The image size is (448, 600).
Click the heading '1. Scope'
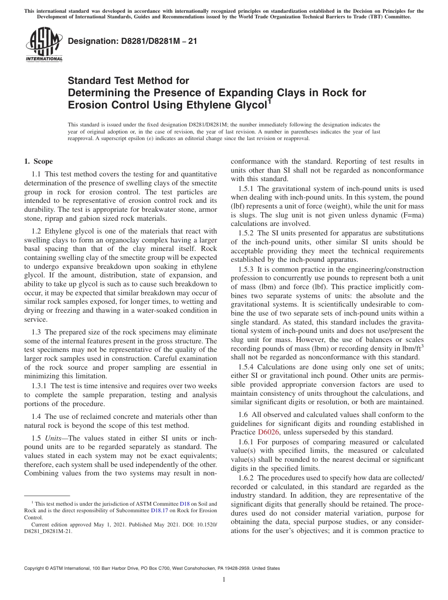pyautogui.click(x=39, y=161)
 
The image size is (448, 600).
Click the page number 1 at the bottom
pyautogui.click(x=224, y=580)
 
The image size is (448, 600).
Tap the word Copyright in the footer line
pyautogui.click(x=34, y=568)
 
